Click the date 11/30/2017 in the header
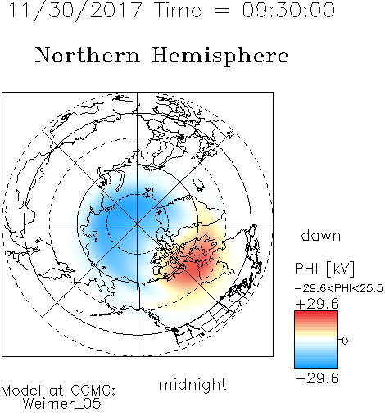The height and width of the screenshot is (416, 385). pyautogui.click(x=75, y=11)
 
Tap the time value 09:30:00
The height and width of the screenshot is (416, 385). pyautogui.click(x=288, y=10)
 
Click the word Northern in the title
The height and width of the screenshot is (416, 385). pyautogui.click(x=88, y=55)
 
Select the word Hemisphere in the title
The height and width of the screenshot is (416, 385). pyautogui.click(x=220, y=57)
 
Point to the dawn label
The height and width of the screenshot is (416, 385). pyautogui.click(x=321, y=235)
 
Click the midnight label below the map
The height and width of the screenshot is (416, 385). pyautogui.click(x=192, y=384)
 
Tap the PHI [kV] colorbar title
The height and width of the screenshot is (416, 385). pyautogui.click(x=324, y=269)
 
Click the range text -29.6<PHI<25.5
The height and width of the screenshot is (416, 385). pyautogui.click(x=339, y=288)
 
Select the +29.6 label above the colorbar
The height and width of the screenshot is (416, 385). pyautogui.click(x=317, y=304)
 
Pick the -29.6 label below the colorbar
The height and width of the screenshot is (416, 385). pyautogui.click(x=317, y=378)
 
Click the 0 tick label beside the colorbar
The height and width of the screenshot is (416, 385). pyautogui.click(x=345, y=341)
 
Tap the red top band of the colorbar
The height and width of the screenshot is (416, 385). pyautogui.click(x=316, y=314)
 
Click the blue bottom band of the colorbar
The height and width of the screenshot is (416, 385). pyautogui.click(x=316, y=364)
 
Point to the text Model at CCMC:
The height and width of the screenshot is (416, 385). pyautogui.click(x=58, y=391)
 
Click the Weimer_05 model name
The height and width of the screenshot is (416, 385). pyautogui.click(x=62, y=404)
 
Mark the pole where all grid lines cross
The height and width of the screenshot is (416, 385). pyautogui.click(x=138, y=224)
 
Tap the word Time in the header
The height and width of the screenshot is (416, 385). pyautogui.click(x=178, y=10)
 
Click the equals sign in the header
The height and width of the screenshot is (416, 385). pyautogui.click(x=222, y=11)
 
